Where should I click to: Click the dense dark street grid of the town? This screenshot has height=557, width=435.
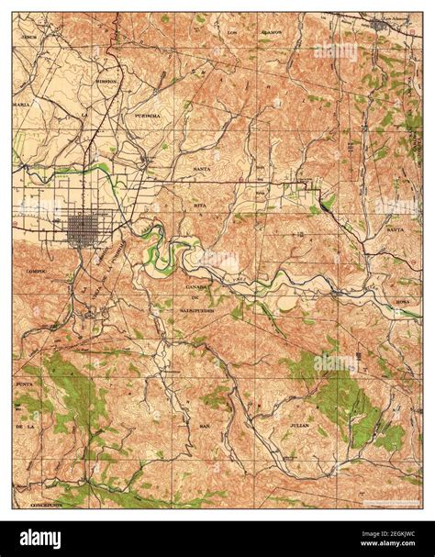tap(85, 228)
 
